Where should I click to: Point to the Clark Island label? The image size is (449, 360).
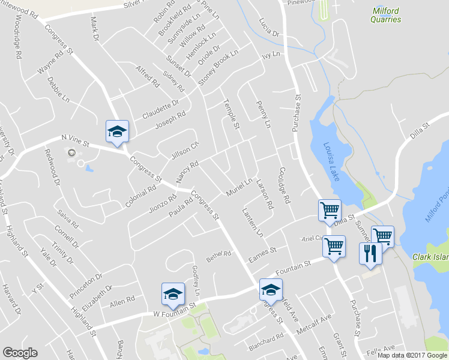tap(430, 257)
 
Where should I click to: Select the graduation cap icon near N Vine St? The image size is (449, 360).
tap(117, 131)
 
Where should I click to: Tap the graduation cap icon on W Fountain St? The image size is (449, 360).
tap(172, 293)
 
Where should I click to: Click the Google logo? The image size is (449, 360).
tap(20, 353)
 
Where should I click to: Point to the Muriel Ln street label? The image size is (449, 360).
tap(238, 187)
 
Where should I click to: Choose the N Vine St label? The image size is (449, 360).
tap(75, 142)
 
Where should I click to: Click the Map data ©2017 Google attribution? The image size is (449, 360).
tap(412, 354)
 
